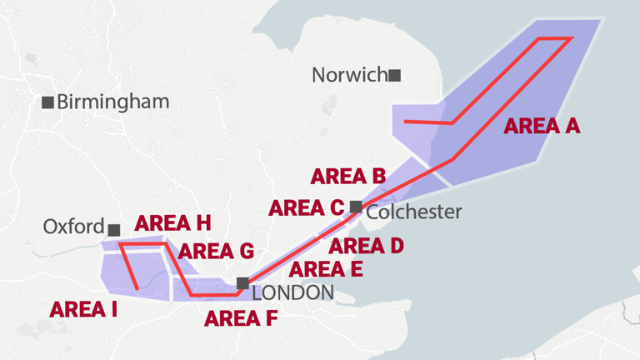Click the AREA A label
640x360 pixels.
[542, 126]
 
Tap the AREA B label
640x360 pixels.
[347, 177]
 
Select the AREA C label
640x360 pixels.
[306, 208]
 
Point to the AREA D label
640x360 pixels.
[366, 246]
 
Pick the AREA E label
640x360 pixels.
[326, 269]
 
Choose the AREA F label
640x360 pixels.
[241, 317]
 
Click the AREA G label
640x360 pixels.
[216, 251]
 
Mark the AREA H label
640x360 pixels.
[172, 223]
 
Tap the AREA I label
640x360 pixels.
[83, 310]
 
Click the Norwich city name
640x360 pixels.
[349, 75]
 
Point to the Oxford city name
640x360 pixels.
[73, 227]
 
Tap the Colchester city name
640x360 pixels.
[414, 212]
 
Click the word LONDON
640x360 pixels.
[292, 292]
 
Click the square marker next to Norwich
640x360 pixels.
[395, 76]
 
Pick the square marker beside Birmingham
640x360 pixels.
[48, 102]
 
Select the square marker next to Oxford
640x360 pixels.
[114, 229]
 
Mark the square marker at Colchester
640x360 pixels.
[357, 207]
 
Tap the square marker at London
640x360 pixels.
[242, 283]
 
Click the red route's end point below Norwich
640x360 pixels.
[405, 122]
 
